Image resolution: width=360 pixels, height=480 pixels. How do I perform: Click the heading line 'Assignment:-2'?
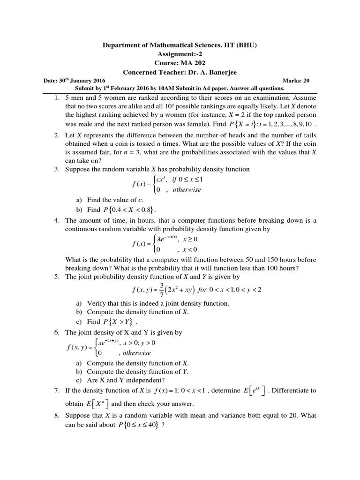pos(180,54)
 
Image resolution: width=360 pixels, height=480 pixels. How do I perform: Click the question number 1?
pos(56,99)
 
